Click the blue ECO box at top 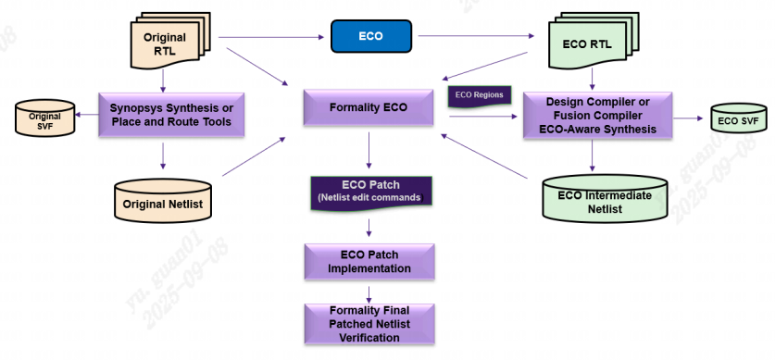coord(370,37)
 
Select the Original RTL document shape coord(167,43)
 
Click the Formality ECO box coord(369,107)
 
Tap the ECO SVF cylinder coord(738,120)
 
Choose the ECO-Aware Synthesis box coord(593,115)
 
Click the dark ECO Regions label coord(479,95)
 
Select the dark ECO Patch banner coord(370,192)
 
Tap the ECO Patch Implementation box coord(369,262)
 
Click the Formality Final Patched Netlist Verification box coord(369,324)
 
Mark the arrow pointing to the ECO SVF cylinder coord(686,118)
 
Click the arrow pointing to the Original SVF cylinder coord(87,115)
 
